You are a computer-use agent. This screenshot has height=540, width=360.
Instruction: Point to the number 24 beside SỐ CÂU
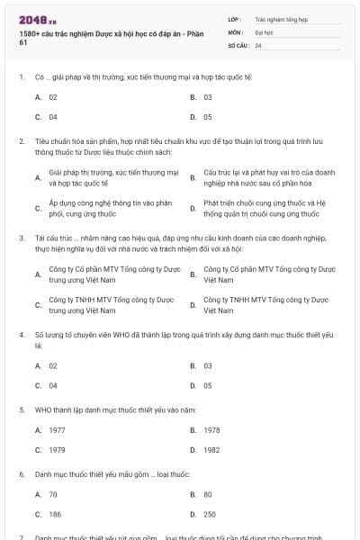point(259,44)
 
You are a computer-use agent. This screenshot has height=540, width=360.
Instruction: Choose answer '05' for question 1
point(208,116)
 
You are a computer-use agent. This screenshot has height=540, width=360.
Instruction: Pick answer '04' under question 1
point(53,116)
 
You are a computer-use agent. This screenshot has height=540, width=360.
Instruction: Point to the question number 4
point(22,335)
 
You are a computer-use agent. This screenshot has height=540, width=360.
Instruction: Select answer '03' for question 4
point(208,366)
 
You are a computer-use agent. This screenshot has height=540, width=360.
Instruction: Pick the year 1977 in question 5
point(57,429)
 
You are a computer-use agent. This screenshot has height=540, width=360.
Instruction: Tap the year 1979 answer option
point(57,449)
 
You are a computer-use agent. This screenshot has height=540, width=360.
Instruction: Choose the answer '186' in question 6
point(54,513)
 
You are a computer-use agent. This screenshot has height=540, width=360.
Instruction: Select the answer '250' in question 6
point(210,513)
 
